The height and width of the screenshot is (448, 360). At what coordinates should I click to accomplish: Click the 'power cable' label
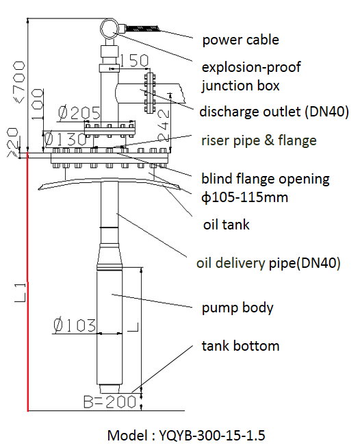tap(240, 40)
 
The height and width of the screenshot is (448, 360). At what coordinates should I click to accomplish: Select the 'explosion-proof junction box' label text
tap(251, 77)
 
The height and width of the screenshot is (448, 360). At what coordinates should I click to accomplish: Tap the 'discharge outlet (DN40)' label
tap(274, 112)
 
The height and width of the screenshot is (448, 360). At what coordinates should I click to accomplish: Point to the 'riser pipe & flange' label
tap(259, 140)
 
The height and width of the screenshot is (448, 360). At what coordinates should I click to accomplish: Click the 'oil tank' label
tap(226, 225)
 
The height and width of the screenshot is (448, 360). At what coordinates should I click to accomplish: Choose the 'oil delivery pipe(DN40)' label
tap(268, 263)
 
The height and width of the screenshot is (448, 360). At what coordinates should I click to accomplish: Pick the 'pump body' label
tap(237, 308)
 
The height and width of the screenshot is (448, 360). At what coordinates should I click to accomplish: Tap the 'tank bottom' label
tap(240, 346)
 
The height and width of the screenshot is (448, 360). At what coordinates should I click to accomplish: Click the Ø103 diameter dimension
tap(75, 325)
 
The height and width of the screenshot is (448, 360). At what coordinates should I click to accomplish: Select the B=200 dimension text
tap(110, 401)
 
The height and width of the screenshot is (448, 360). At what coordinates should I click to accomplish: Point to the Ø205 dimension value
tap(79, 113)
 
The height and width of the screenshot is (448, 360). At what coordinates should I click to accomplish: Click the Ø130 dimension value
tap(65, 139)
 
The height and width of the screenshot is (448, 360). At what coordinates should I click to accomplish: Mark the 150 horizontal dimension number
tap(134, 60)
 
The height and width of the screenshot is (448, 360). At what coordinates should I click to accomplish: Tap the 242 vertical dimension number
tap(164, 125)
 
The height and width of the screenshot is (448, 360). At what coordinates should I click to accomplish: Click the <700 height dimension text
tap(19, 83)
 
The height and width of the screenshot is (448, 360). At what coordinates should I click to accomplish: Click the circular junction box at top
tap(109, 29)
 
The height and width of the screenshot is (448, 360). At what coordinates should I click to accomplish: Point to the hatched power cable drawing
tap(142, 29)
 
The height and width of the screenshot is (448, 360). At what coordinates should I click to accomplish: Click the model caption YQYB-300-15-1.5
tap(186, 436)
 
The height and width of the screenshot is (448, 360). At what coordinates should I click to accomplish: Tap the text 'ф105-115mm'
tap(244, 197)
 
